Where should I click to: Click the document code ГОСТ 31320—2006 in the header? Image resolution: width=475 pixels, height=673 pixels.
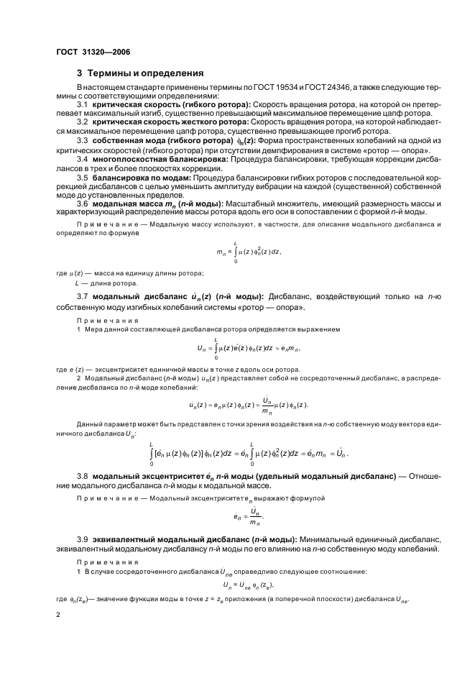(x=93, y=51)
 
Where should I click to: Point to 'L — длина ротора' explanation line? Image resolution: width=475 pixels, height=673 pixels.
(x=98, y=283)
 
